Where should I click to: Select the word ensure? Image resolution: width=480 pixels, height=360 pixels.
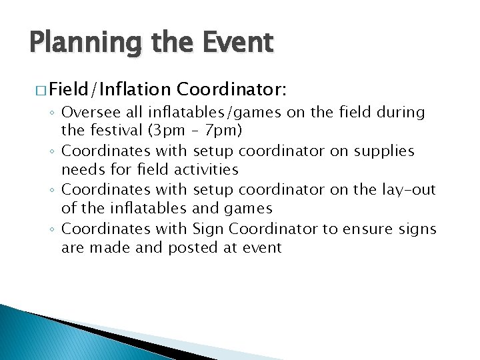[366, 229]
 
